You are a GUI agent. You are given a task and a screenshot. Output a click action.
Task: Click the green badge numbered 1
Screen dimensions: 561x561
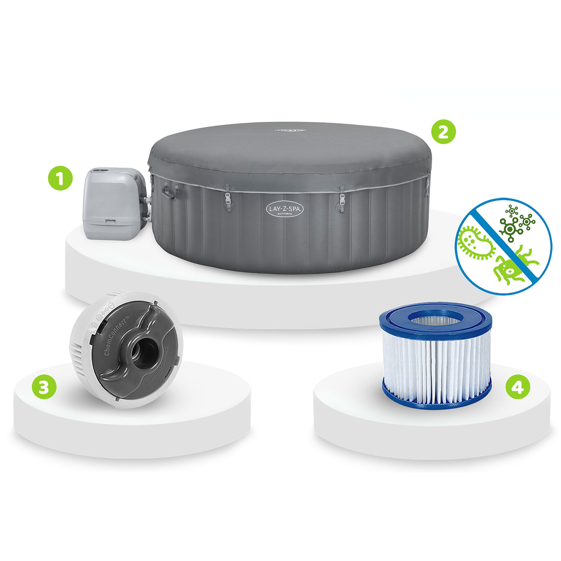pos(60,178)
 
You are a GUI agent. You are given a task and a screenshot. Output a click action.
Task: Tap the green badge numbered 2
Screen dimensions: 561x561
pos(444,132)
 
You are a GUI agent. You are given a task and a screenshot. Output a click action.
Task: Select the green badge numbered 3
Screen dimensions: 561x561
pos(44,387)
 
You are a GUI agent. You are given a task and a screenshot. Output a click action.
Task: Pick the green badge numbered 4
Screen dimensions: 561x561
pos(518,387)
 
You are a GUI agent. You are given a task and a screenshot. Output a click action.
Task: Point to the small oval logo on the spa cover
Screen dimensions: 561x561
pos(290,131)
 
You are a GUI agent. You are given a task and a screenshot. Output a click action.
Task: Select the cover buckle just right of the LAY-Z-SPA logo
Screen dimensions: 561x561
pos(341,199)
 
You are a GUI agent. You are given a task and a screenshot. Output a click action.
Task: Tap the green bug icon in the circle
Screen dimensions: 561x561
pos(512,268)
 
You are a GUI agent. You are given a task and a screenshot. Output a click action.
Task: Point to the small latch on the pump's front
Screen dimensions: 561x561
pos(111,221)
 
